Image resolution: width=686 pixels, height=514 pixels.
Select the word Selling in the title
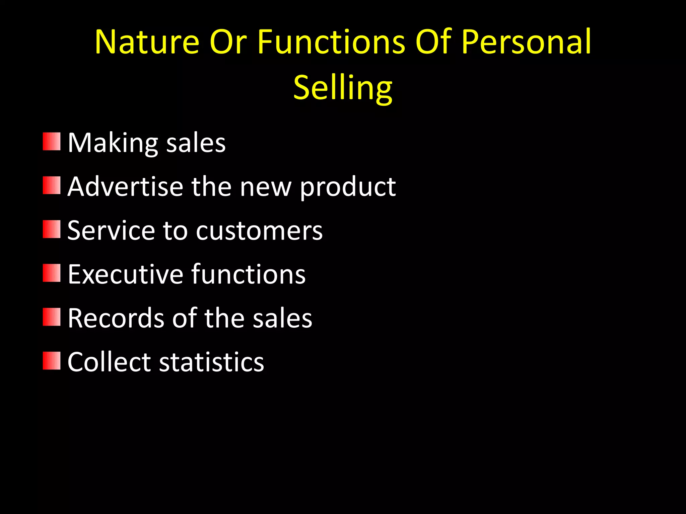343,88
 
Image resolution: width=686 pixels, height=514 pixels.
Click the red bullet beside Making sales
52,142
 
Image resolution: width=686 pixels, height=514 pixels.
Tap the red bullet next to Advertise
52,185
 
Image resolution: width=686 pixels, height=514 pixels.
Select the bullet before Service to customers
52,229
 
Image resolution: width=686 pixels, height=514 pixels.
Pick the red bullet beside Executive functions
52,273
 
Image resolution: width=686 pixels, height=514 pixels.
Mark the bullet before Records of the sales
52,317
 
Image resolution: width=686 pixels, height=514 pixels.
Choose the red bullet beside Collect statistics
52,361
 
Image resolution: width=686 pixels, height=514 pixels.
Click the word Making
113,143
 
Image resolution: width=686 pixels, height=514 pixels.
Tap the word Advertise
125,186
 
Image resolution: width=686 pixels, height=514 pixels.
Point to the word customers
259,231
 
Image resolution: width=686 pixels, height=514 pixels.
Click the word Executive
125,274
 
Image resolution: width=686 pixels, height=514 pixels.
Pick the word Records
116,318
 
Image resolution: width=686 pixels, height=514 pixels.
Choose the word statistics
211,362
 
